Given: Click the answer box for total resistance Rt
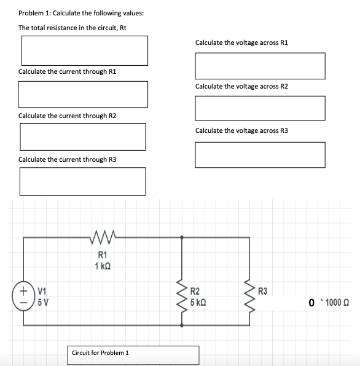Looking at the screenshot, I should pyautogui.click(x=85, y=50).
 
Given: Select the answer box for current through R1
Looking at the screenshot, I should pyautogui.click(x=83, y=93).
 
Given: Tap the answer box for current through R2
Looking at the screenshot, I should pyautogui.click(x=83, y=136).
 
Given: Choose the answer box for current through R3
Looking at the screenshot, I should pyautogui.click(x=83, y=180).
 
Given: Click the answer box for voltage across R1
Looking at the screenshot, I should pyautogui.click(x=260, y=65).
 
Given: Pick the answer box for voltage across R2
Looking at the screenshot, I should pyautogui.click(x=260, y=108).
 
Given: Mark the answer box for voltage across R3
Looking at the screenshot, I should pyautogui.click(x=260, y=154).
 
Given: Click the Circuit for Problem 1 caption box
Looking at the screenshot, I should pyautogui.click(x=133, y=354).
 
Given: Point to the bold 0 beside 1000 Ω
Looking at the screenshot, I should pyautogui.click(x=311, y=303).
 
